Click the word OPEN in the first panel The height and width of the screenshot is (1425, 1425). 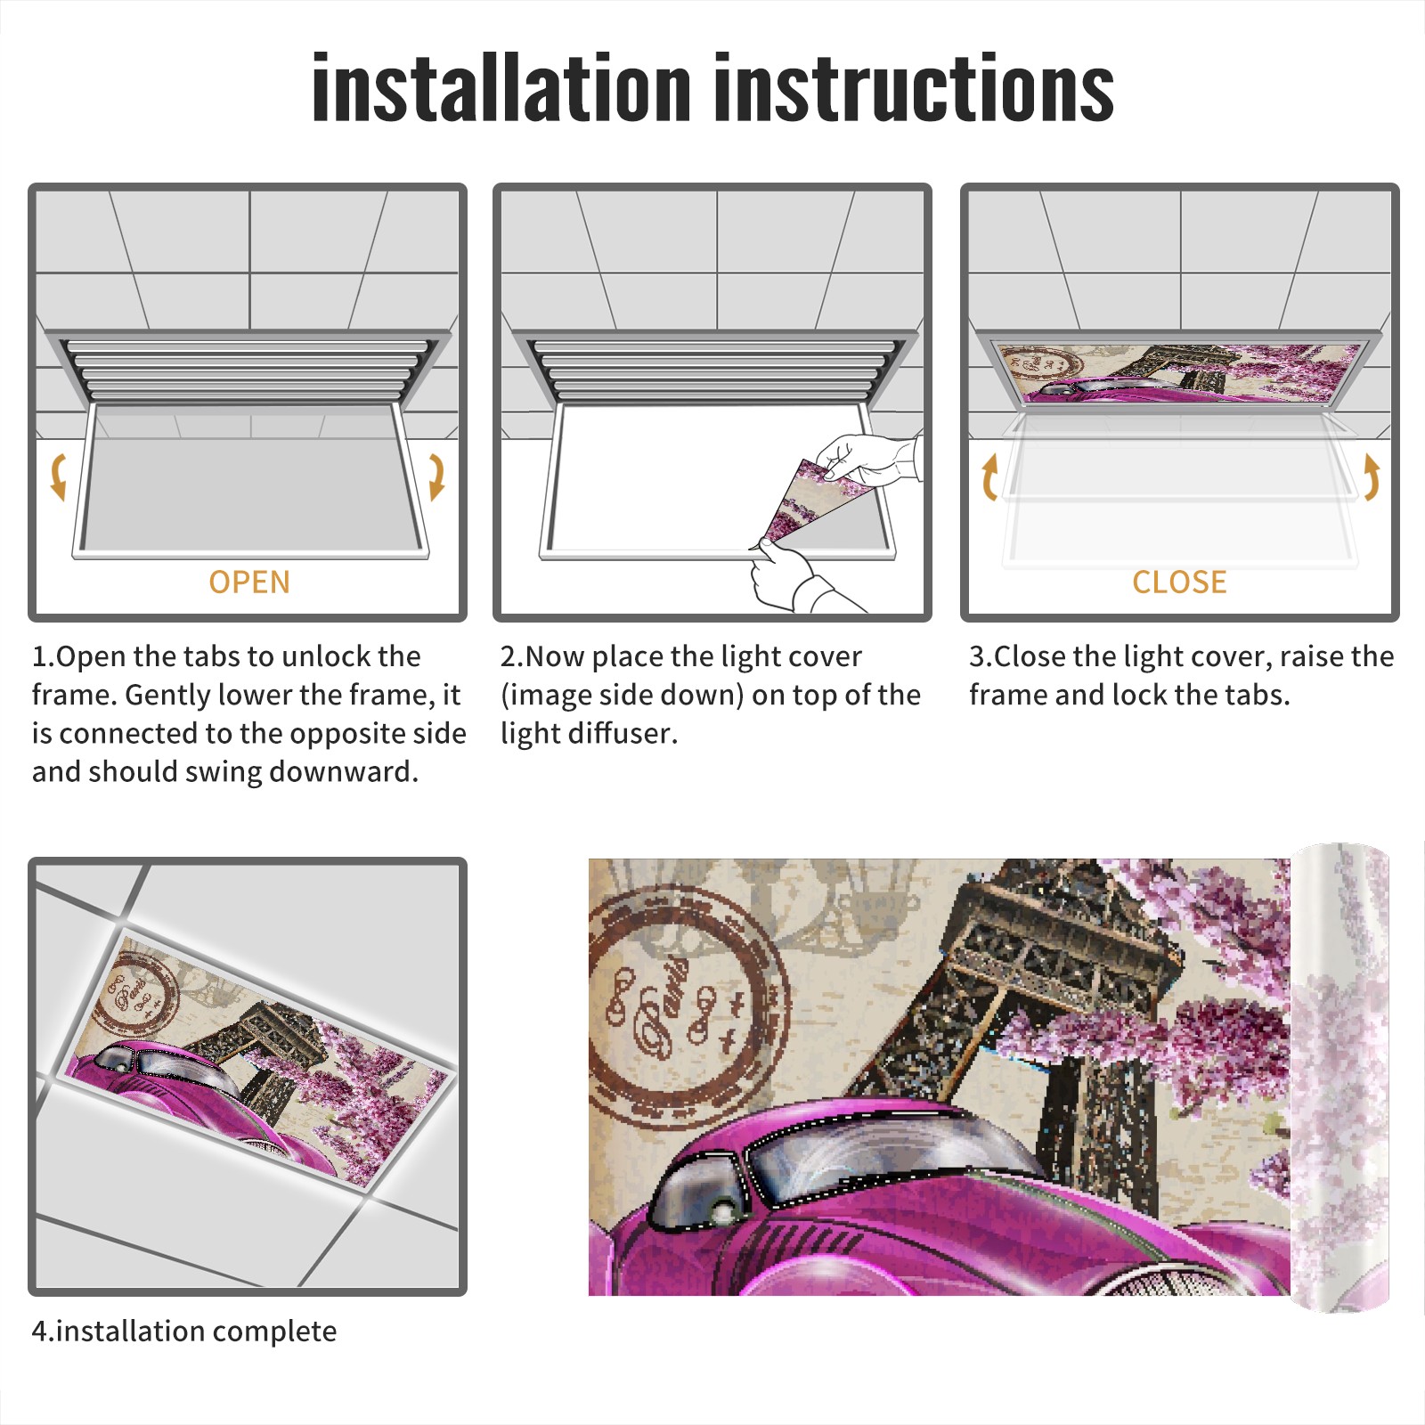249,582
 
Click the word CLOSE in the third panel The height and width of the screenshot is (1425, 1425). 1179,582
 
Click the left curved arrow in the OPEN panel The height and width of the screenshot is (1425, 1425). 58,476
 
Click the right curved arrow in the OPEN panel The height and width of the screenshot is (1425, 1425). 436,476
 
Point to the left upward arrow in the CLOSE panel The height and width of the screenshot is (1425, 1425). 989,476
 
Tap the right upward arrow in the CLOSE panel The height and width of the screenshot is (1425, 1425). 1372,476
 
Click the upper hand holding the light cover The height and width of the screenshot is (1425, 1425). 868,459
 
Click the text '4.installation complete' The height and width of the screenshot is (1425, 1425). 184,1331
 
